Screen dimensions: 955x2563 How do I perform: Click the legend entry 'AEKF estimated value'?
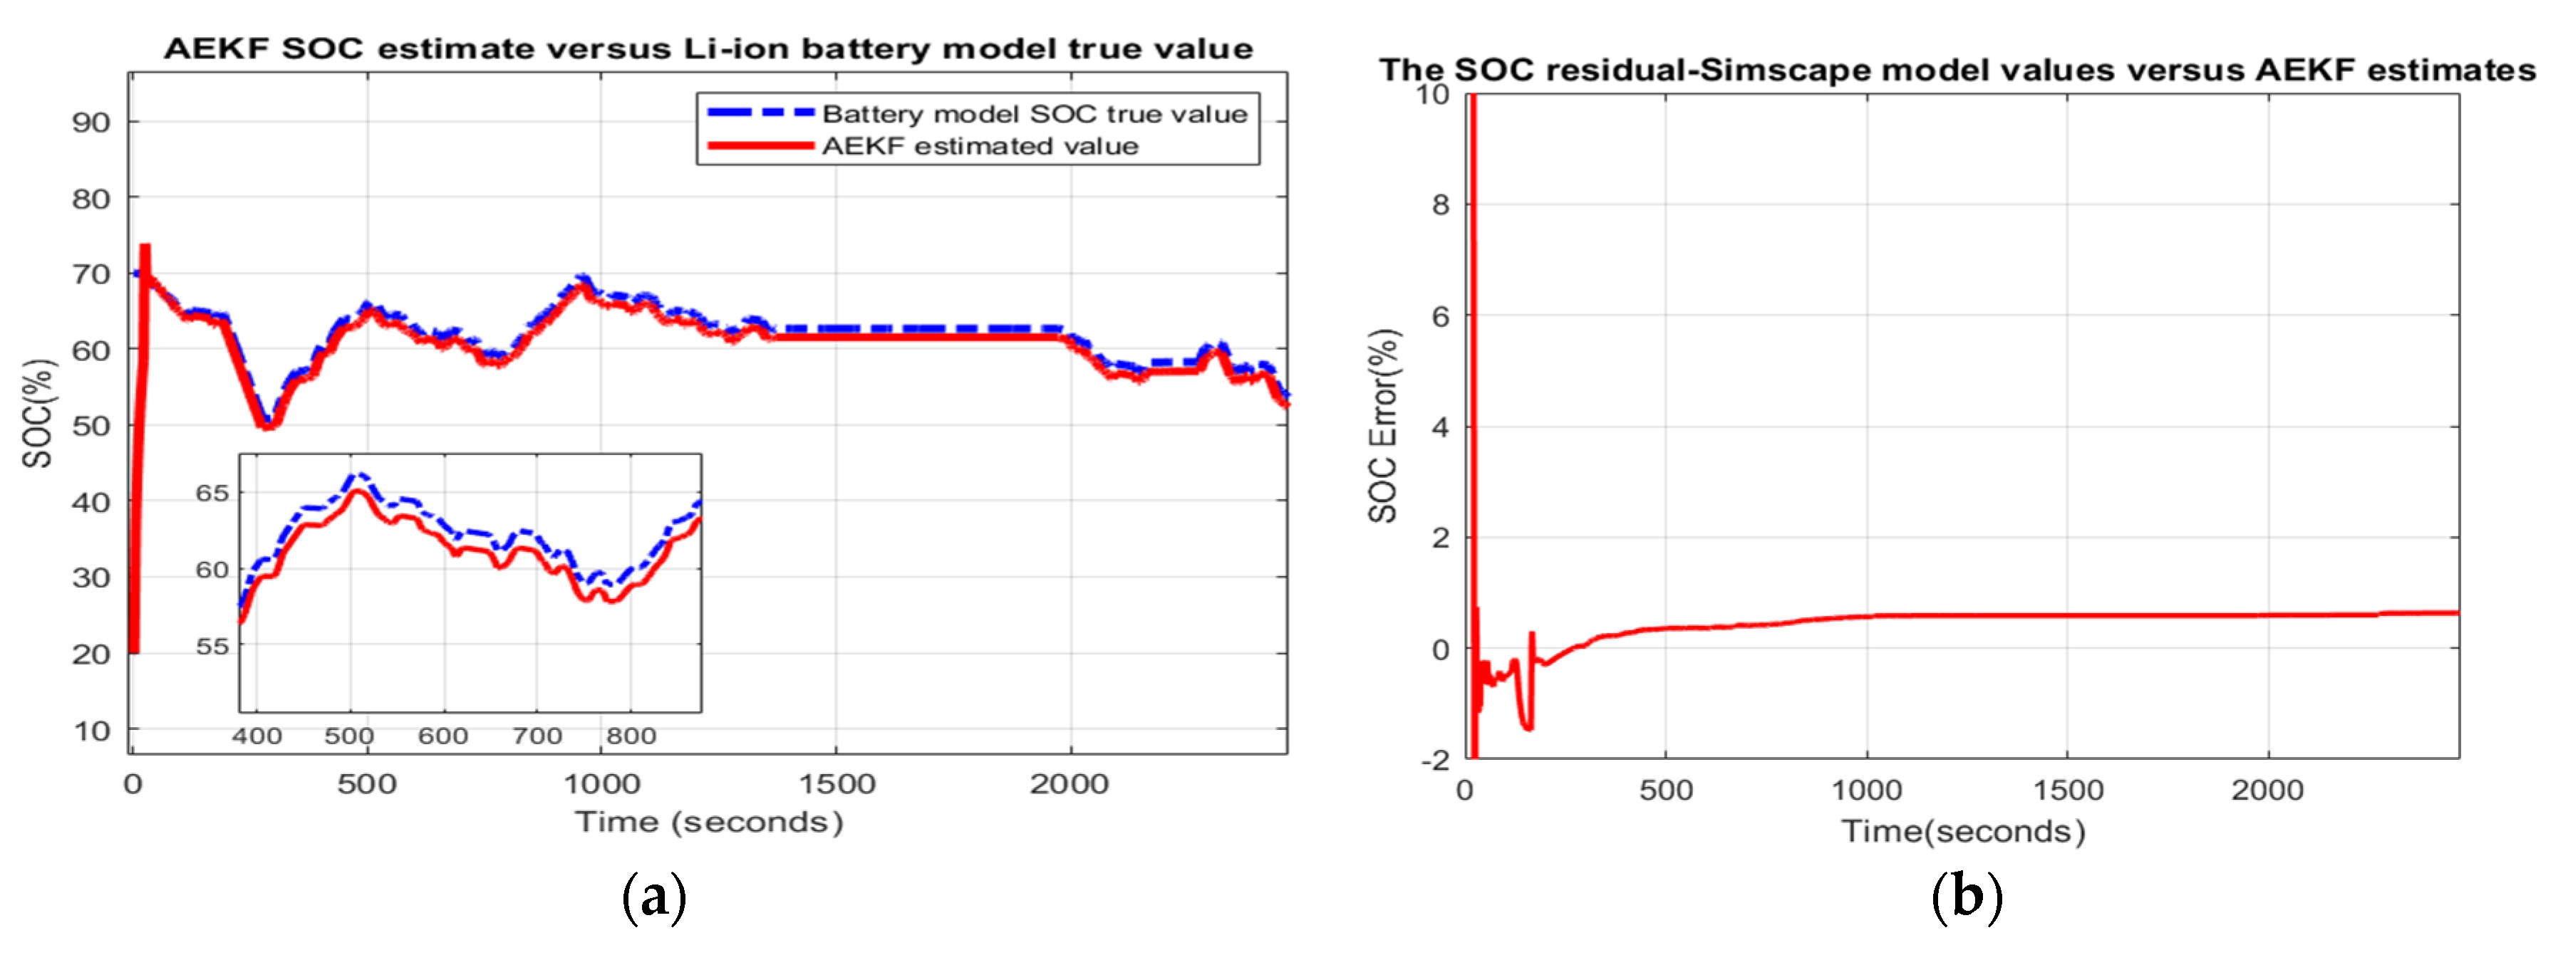pyautogui.click(x=979, y=146)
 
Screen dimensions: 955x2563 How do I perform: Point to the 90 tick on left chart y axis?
pyautogui.click(x=90, y=122)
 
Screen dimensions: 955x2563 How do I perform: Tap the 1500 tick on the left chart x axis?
pyautogui.click(x=837, y=784)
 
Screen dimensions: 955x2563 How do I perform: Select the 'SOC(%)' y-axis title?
pyautogui.click(x=38, y=413)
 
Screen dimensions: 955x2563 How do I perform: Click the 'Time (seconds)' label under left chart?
pyautogui.click(x=708, y=822)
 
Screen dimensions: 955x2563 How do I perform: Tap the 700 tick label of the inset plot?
pyautogui.click(x=537, y=736)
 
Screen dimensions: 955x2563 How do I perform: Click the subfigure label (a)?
pyautogui.click(x=653, y=897)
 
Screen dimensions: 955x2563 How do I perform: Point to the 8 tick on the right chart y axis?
pyautogui.click(x=1440, y=205)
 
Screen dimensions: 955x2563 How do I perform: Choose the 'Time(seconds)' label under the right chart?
pyautogui.click(x=1962, y=830)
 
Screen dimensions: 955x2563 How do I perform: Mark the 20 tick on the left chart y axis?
pyautogui.click(x=90, y=654)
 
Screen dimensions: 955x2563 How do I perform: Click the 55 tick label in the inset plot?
pyautogui.click(x=211, y=646)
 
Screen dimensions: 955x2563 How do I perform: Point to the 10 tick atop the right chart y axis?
pyautogui.click(x=1433, y=95)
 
